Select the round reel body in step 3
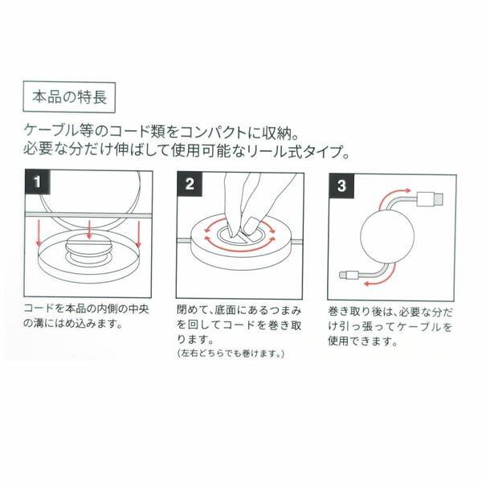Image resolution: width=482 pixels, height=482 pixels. pos(389,238)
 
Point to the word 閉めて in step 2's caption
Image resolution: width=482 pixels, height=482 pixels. pos(191,308)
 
